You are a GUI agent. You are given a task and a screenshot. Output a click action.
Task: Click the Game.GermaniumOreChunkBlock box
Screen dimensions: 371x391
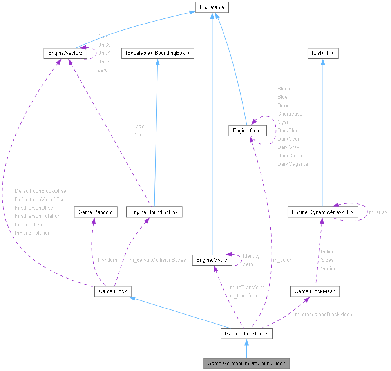pos(246,363)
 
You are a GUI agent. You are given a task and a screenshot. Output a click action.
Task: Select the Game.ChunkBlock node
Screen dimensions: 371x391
pos(246,334)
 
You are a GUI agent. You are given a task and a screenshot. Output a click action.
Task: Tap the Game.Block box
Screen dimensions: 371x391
pos(112,291)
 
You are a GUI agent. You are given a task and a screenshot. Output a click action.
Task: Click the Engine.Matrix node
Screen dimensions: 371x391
pos(212,260)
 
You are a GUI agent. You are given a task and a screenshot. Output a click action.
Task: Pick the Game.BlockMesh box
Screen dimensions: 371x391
pos(315,291)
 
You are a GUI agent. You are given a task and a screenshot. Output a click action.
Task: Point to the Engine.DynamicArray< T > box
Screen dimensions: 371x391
pos(323,212)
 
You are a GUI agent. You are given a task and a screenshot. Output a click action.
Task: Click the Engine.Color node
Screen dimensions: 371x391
pos(247,130)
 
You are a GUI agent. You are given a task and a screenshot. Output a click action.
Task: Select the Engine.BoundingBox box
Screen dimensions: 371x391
pos(154,212)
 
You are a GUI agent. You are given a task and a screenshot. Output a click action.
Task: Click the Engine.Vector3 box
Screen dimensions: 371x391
pos(65,52)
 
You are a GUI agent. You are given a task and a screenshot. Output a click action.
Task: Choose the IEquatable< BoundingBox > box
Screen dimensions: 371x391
pos(157,52)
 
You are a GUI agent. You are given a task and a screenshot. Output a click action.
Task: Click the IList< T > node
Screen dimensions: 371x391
pos(322,52)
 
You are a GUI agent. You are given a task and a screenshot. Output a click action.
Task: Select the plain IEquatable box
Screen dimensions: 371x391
pos(212,7)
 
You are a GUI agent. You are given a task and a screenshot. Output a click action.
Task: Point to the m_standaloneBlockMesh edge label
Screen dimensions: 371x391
pos(323,314)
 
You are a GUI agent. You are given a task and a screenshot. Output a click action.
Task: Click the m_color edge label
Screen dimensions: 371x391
pos(282,260)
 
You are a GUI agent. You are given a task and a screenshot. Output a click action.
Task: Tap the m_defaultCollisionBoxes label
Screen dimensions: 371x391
pos(157,260)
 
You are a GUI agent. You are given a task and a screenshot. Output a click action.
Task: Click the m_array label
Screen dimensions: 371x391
pos(378,212)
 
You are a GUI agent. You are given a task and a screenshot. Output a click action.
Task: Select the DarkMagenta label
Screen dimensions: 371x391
pos(292,164)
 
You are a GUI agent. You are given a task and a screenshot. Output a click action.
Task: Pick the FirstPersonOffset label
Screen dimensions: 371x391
pos(35,208)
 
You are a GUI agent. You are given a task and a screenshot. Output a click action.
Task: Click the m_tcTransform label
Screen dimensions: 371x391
pos(247,287)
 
